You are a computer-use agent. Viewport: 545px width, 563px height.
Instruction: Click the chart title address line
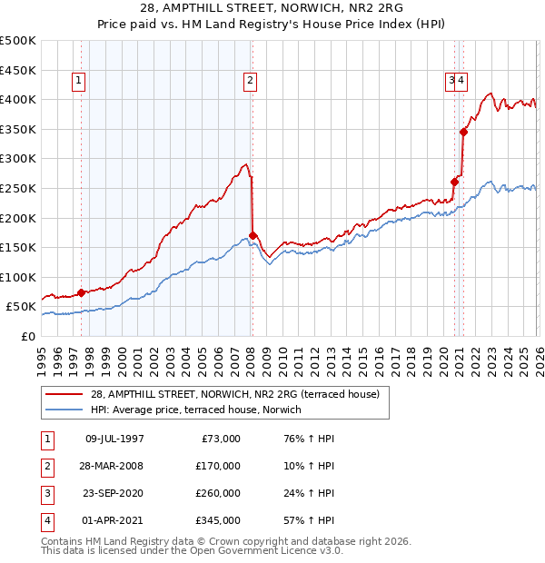pos(272,8)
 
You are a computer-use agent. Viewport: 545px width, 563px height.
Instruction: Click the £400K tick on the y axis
pos(18,99)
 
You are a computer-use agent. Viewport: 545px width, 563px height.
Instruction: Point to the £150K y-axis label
pos(18,247)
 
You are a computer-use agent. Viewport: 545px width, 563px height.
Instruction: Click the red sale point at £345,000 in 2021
pos(463,132)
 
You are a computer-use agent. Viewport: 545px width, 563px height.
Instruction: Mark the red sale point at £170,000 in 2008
pos(253,235)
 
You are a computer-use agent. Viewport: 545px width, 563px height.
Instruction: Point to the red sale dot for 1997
pos(81,292)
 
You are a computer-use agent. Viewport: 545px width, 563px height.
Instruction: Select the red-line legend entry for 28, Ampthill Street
pos(240,394)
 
